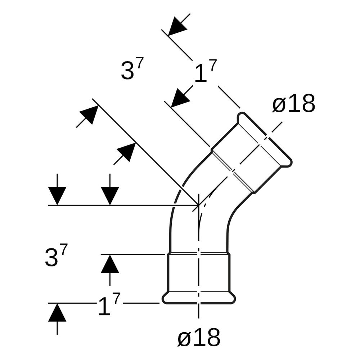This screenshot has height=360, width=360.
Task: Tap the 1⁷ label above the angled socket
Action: (206, 71)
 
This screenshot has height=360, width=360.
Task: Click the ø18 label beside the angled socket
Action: (294, 104)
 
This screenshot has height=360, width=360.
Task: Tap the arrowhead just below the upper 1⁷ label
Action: (180, 98)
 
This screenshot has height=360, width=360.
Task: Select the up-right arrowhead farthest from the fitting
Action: (89, 115)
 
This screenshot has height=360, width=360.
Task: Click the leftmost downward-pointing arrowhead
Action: (57, 196)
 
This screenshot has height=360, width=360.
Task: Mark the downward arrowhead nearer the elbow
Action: (110, 196)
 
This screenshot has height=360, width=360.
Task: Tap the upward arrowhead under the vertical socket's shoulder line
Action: (110, 264)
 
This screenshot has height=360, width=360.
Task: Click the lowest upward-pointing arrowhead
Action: (57, 312)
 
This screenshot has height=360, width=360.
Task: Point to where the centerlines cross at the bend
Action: (199, 205)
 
